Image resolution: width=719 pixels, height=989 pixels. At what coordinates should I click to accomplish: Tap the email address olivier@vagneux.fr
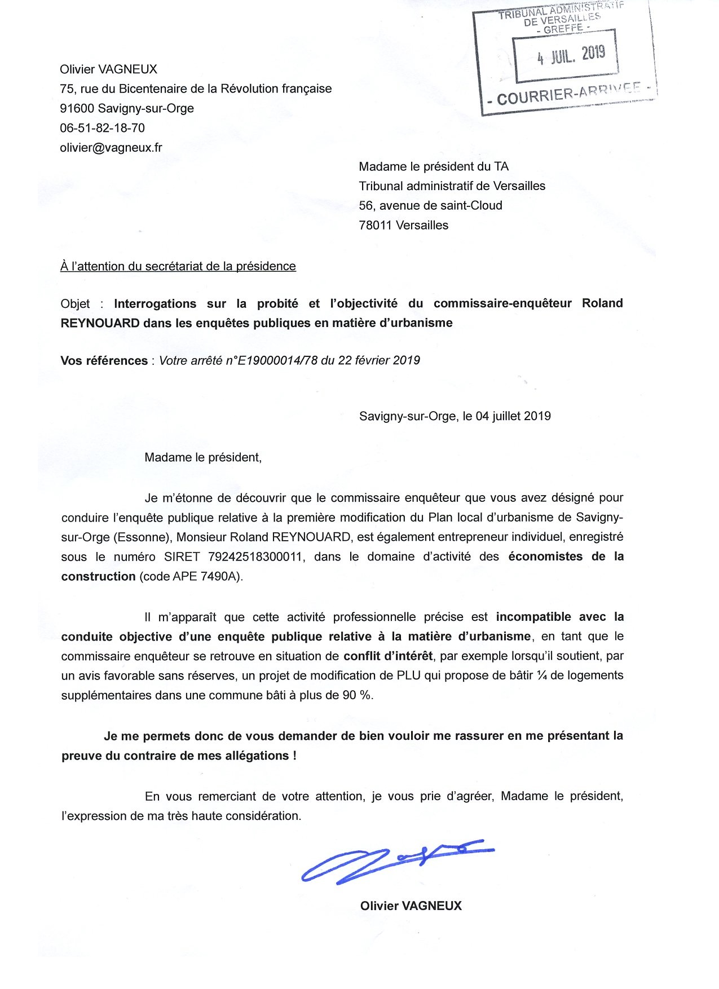[x=111, y=148]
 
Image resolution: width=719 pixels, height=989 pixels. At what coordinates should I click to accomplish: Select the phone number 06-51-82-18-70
[x=103, y=128]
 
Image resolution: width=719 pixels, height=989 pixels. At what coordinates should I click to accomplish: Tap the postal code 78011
[x=375, y=226]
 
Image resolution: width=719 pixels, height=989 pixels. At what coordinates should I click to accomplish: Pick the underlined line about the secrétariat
[x=178, y=266]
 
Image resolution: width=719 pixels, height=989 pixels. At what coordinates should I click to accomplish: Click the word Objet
[x=75, y=304]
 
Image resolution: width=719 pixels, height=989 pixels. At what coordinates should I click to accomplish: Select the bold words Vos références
[x=104, y=361]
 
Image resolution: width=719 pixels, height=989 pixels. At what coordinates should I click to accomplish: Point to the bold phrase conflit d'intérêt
[x=388, y=656]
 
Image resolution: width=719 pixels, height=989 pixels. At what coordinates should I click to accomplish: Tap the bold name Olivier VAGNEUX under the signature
[x=411, y=906]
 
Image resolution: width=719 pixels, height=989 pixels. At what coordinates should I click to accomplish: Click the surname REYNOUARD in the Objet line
[x=100, y=323]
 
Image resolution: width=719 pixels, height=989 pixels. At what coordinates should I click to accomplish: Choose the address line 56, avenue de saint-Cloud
[x=430, y=206]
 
